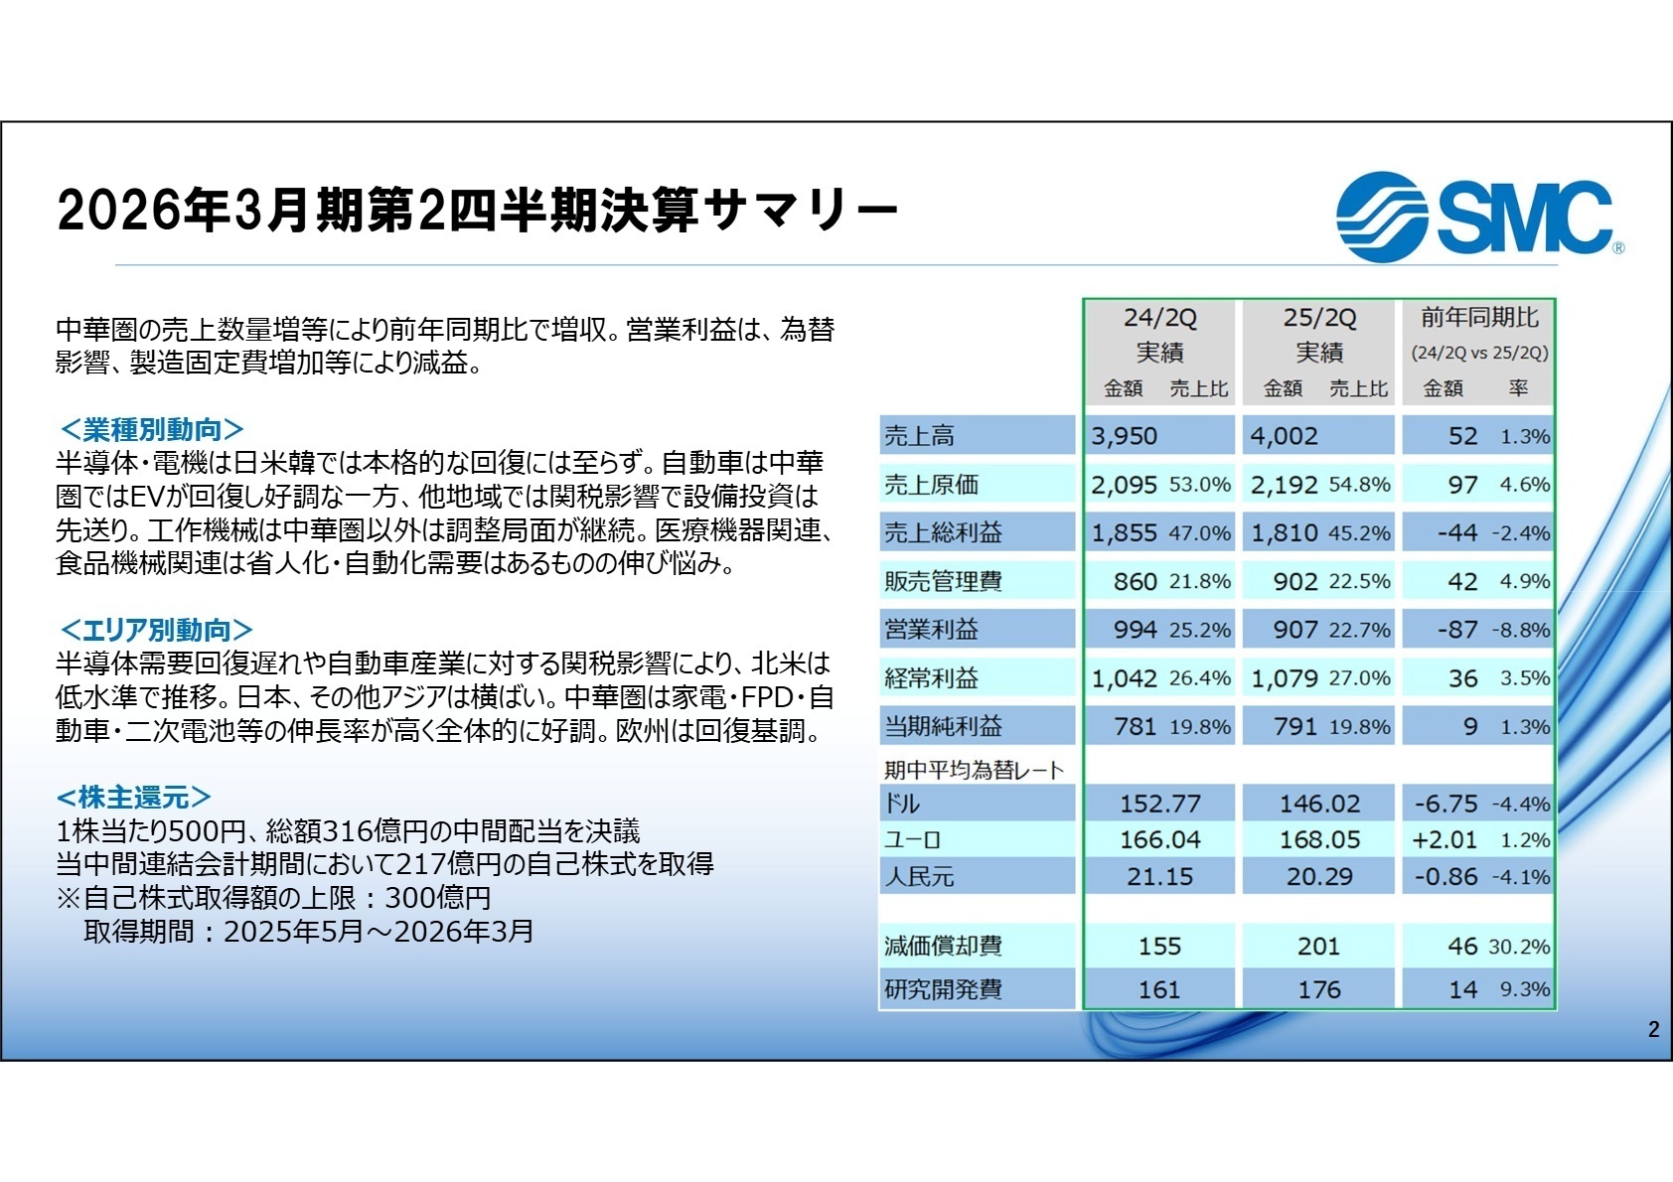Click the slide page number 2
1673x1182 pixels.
1653,1030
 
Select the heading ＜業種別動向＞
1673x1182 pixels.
151,430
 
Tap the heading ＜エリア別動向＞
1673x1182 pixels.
156,631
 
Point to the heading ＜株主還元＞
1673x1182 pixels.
134,798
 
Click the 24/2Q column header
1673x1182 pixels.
1159,318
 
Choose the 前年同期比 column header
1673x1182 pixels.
1479,318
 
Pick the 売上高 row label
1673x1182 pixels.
919,436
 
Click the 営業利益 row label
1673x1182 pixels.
931,630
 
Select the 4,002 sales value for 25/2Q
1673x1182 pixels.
1284,436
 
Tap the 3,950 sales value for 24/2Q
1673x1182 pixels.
1124,436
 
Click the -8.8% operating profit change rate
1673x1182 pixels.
1521,631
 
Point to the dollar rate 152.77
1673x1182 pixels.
1159,804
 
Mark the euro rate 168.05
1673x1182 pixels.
1319,840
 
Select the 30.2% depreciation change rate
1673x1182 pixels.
1519,947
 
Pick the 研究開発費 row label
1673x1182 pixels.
943,990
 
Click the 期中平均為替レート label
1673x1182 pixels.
974,770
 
